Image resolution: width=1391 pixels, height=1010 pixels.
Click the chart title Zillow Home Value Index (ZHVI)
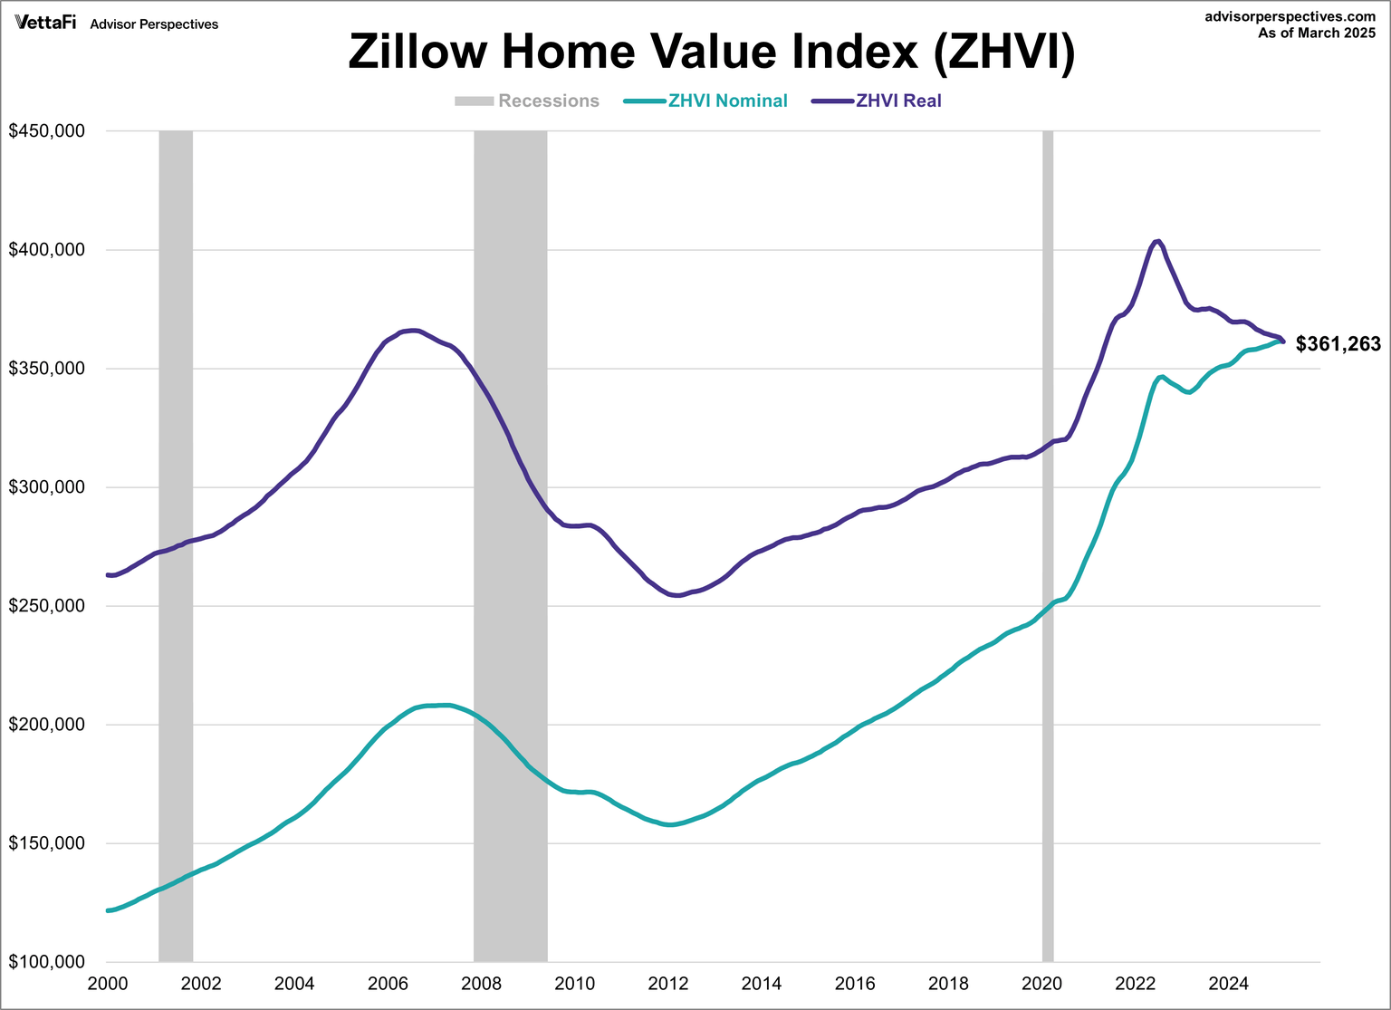pyautogui.click(x=712, y=52)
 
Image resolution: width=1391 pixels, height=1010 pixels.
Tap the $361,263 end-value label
pyautogui.click(x=1338, y=344)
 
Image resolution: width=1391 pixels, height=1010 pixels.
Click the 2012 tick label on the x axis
pyautogui.click(x=667, y=984)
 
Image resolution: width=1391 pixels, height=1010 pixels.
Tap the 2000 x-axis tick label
pyautogui.click(x=108, y=984)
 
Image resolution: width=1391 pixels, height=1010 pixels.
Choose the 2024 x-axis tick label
pyautogui.click(x=1229, y=984)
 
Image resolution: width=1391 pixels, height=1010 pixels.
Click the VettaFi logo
pyautogui.click(x=45, y=24)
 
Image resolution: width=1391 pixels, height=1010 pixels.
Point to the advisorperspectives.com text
pyautogui.click(x=1290, y=17)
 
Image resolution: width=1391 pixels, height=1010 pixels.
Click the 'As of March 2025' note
pyautogui.click(x=1316, y=34)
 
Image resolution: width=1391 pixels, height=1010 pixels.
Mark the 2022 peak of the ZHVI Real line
pyautogui.click(x=1157, y=241)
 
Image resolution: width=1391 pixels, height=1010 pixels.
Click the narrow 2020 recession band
pyautogui.click(x=1048, y=543)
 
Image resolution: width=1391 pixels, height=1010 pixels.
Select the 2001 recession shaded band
pyautogui.click(x=176, y=543)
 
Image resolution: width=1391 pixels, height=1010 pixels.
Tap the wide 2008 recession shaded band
pyautogui.click(x=510, y=543)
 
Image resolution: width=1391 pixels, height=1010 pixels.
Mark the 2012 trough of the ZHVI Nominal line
pyautogui.click(x=669, y=824)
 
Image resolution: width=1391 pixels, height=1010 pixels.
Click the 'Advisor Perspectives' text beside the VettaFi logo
pyautogui.click(x=154, y=24)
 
